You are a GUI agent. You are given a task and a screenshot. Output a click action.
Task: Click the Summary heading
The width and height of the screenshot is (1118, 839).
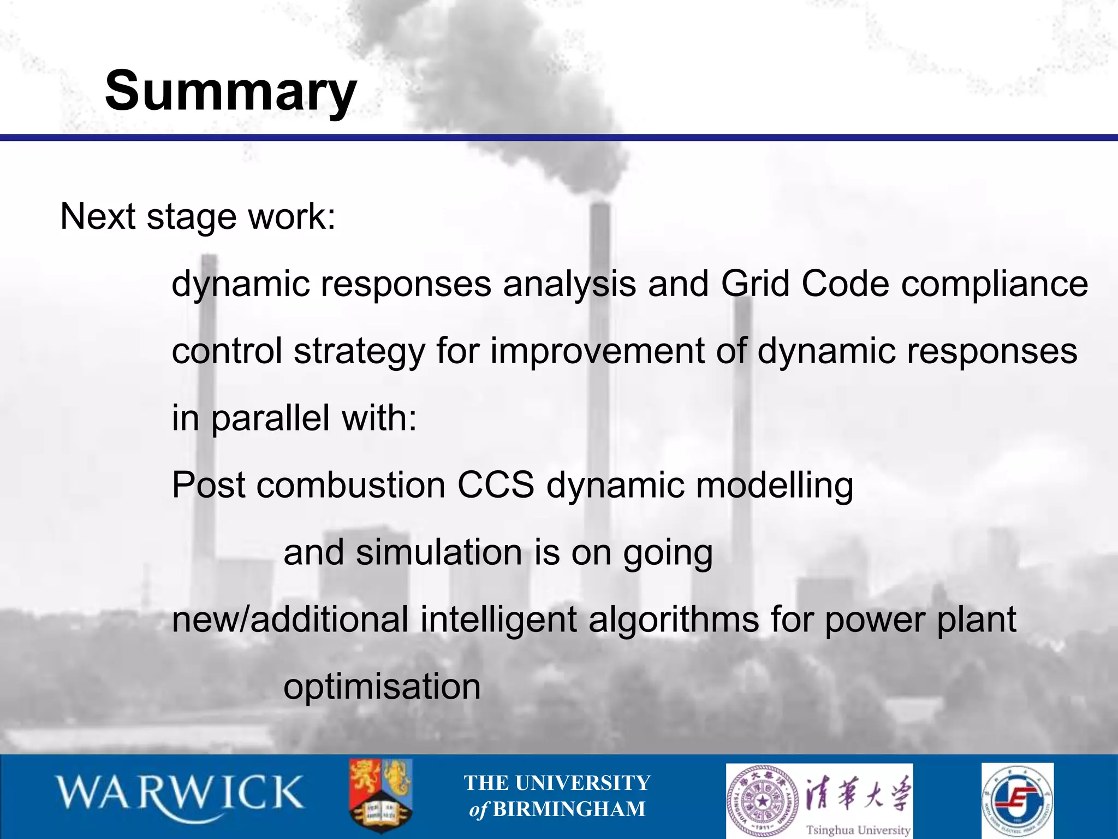coord(230,91)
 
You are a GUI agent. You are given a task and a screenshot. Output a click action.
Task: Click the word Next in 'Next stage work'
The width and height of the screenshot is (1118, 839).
coord(97,216)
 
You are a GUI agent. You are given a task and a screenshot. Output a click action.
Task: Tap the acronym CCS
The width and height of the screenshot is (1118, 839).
coord(495,485)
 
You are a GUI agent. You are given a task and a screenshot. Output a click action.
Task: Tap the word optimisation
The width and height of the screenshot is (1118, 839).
coord(382,687)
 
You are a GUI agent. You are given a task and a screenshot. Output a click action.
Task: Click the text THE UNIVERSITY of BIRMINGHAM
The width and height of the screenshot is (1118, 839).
coord(557,795)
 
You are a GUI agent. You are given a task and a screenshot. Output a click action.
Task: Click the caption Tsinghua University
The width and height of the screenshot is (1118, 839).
coord(858,829)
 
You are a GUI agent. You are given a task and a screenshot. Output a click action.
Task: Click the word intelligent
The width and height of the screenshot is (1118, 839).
coord(498,619)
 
